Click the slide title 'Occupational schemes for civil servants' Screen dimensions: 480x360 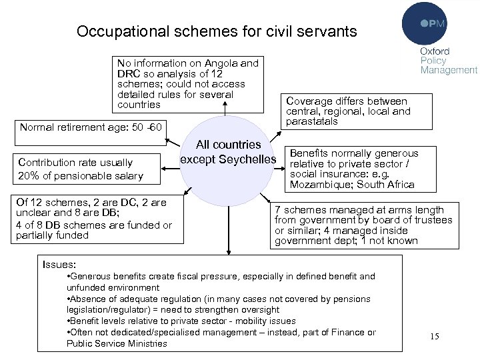click(x=217, y=31)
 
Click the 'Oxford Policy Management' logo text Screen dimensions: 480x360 click(x=448, y=61)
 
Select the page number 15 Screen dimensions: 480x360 click(x=435, y=336)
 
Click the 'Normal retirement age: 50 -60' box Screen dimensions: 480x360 click(x=91, y=126)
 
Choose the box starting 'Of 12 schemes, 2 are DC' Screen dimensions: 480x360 click(x=93, y=219)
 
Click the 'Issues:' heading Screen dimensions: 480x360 click(x=59, y=264)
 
